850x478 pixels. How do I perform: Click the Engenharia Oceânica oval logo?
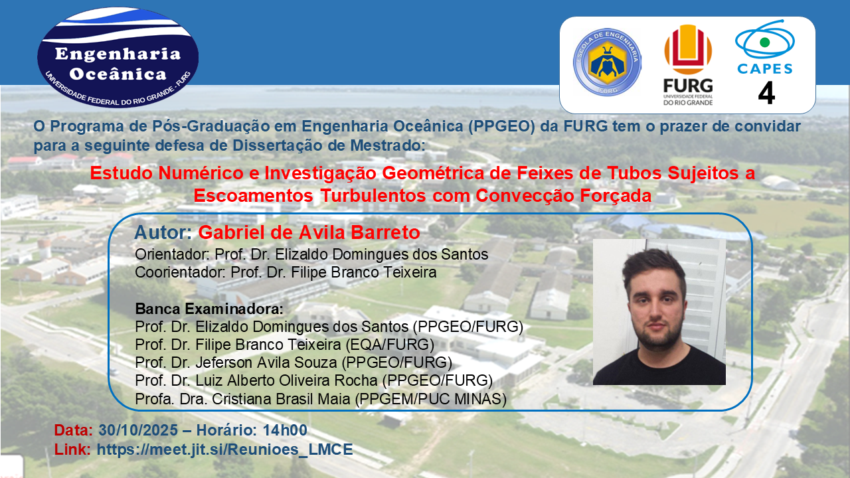coord(118,57)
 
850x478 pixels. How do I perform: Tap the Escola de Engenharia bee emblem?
coord(607,62)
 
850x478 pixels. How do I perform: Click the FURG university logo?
coord(688,65)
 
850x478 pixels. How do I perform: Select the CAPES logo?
coord(765,47)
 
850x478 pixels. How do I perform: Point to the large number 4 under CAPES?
coord(766,93)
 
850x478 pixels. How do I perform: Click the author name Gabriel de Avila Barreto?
coord(309,232)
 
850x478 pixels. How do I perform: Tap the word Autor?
coord(163,232)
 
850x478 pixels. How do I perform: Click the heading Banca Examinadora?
coord(209,309)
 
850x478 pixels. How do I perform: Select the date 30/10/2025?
coord(138,430)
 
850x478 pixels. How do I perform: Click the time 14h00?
coord(285,430)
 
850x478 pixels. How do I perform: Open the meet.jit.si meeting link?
coord(224,449)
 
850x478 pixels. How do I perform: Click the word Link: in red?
coord(72,449)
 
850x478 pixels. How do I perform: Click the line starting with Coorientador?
coord(286,272)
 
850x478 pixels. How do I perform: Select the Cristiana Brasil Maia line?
coord(321,399)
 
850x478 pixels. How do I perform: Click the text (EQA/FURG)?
coord(390,345)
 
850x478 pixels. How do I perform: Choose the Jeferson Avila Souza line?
coord(294,362)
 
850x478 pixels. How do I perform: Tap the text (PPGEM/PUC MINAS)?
coord(431,399)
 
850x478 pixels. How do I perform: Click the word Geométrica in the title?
coord(433,173)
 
